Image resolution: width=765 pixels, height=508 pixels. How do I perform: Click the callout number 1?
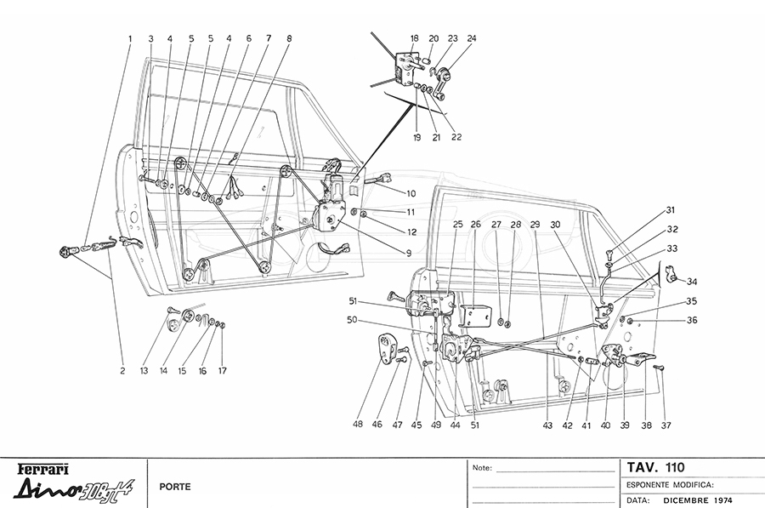click(130, 38)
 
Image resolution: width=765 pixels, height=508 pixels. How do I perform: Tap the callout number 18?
click(414, 38)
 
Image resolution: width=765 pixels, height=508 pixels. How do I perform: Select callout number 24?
click(472, 38)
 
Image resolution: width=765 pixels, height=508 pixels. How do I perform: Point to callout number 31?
click(670, 210)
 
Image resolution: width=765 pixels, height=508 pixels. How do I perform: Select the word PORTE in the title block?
click(174, 488)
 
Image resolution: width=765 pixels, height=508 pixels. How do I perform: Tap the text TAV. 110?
click(655, 467)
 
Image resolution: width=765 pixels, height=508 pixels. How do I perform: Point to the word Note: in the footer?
click(483, 468)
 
